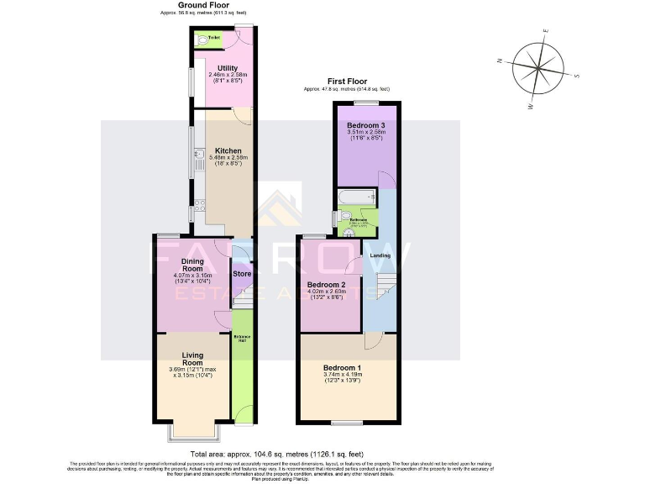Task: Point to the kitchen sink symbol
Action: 194,160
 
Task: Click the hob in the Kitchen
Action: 200,204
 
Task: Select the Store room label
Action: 242,274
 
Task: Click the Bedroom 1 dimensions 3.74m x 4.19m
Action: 347,376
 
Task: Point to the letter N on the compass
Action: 500,60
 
